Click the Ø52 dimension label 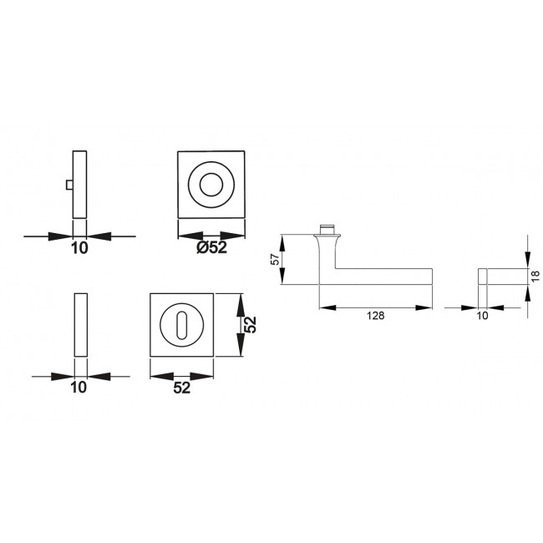click(211, 247)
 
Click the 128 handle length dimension click(376, 316)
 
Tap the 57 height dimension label click(275, 259)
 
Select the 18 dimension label click(535, 276)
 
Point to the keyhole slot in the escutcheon click(181, 325)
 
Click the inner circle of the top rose click(211, 185)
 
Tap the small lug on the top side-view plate click(69, 185)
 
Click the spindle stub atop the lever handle click(327, 230)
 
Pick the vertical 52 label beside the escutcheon click(250, 325)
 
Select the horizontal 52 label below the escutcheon click(182, 388)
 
